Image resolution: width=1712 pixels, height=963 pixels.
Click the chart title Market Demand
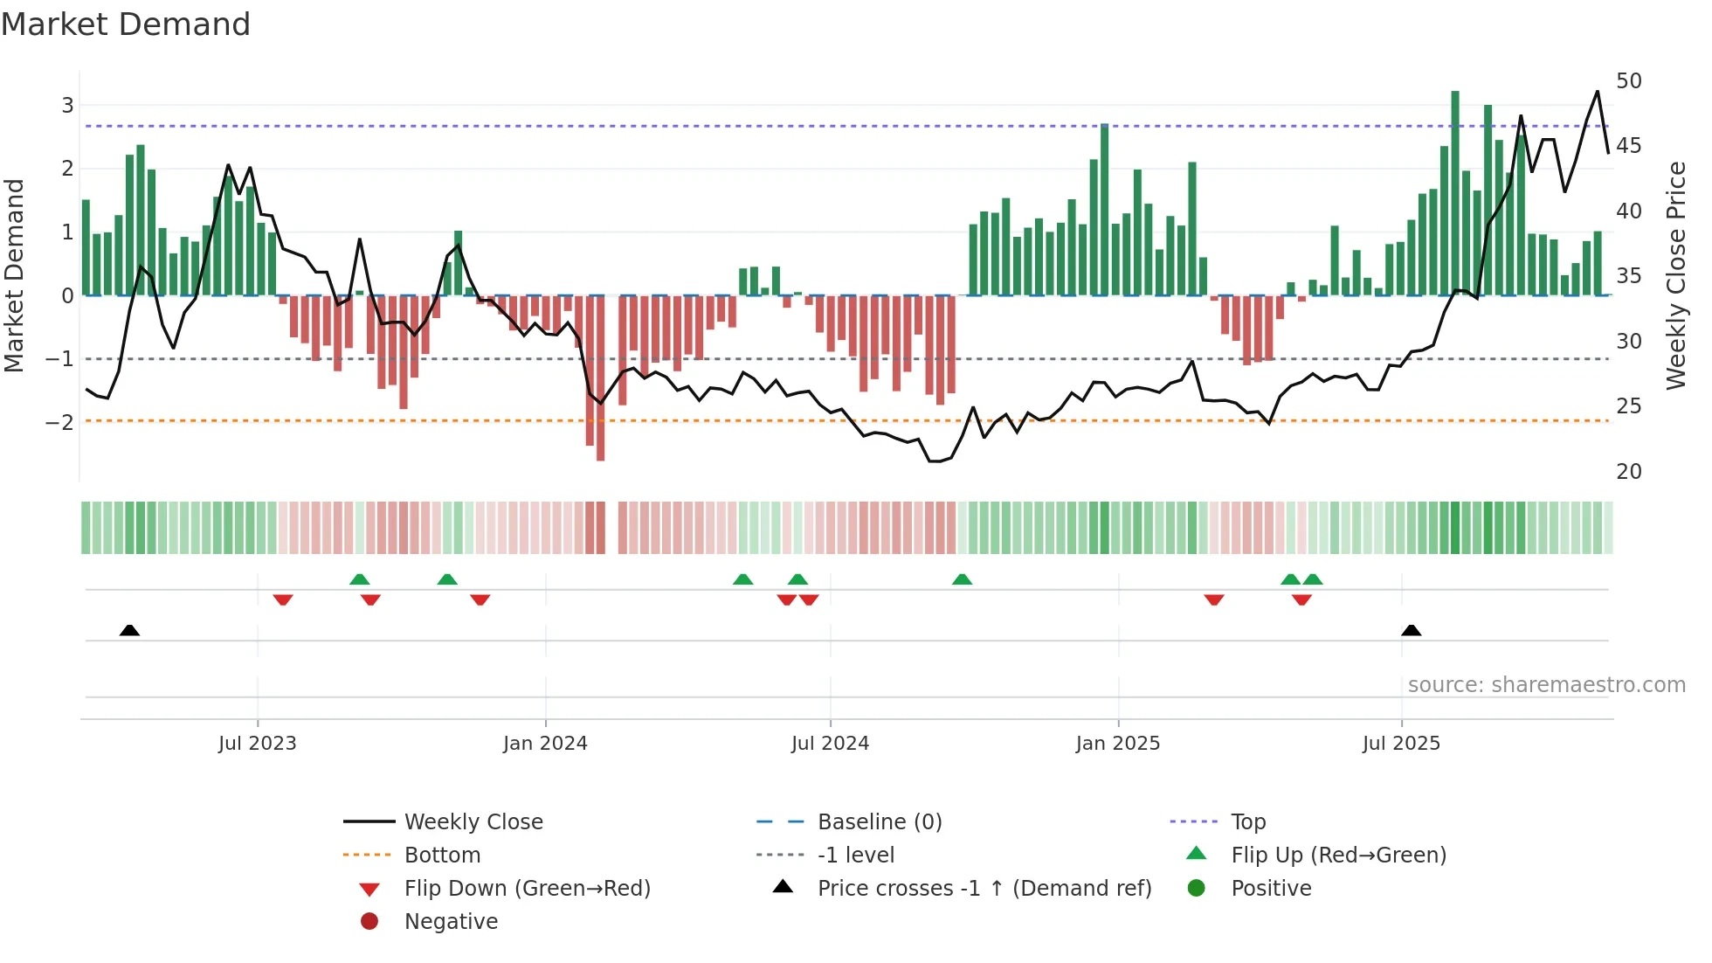pos(126,24)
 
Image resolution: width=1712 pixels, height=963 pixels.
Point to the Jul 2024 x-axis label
pos(830,744)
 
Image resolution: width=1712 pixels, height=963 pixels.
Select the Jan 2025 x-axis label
pos(1117,744)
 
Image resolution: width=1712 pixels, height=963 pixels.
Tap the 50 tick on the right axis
pos(1628,81)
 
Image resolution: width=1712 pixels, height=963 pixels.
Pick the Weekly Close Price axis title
pos(1675,275)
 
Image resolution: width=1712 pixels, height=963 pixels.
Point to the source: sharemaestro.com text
pos(1546,685)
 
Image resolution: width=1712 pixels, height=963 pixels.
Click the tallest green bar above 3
pos(1455,192)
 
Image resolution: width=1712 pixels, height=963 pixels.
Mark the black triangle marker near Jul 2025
pos(1411,630)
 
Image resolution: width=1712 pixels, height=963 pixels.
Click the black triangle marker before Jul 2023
pos(129,630)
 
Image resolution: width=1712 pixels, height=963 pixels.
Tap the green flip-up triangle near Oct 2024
pos(962,579)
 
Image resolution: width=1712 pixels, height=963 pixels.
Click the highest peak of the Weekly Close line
pos(1598,92)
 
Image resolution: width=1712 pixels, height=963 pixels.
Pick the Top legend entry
pos(1247,822)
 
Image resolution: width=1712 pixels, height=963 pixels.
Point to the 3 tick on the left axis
pos(67,106)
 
